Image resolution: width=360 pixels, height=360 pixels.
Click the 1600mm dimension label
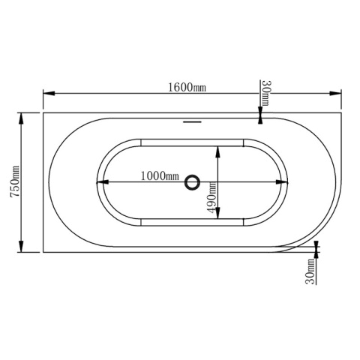pyautogui.click(x=187, y=87)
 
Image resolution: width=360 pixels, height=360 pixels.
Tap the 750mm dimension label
pyautogui.click(x=14, y=181)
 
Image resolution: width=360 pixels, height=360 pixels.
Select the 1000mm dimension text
pyautogui.click(x=160, y=176)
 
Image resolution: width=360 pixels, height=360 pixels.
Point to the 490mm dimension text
pyautogui.click(x=211, y=198)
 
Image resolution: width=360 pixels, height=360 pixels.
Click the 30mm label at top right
pyautogui.click(x=265, y=93)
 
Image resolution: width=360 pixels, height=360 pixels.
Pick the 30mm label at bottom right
pyautogui.click(x=310, y=271)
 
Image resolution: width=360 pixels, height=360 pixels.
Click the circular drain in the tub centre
pyautogui.click(x=192, y=182)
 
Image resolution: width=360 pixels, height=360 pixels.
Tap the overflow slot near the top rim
pyautogui.click(x=192, y=122)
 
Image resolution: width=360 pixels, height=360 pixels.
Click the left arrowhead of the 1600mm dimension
pyautogui.click(x=49, y=93)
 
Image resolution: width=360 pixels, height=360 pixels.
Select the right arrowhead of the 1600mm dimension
pyautogui.click(x=335, y=93)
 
